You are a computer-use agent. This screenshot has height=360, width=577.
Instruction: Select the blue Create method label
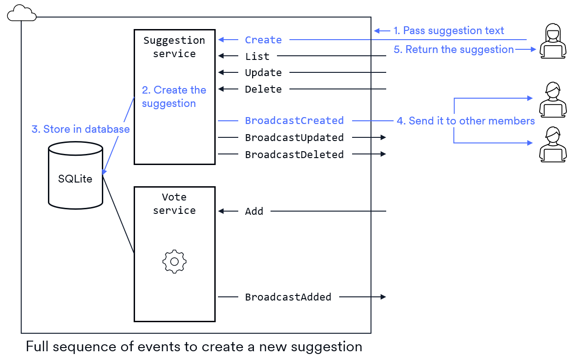pos(263,40)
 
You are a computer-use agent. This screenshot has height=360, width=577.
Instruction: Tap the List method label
pos(257,56)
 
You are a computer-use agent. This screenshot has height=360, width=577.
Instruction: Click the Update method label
pos(263,73)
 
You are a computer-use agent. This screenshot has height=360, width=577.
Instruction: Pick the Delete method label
pos(263,89)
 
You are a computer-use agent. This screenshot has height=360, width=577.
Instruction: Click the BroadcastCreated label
pos(294,121)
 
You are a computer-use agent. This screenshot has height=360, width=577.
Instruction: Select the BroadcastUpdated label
pos(294,137)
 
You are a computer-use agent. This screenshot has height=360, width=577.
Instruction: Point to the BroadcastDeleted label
pos(294,154)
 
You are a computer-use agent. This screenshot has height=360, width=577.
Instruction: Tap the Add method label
pos(254,212)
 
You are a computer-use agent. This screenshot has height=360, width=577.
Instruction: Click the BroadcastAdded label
pos(288,297)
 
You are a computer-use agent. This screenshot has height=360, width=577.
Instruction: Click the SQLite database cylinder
pos(76,177)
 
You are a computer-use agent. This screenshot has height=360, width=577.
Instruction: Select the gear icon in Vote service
pos(174,262)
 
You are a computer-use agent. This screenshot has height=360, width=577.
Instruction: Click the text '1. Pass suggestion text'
pos(448,31)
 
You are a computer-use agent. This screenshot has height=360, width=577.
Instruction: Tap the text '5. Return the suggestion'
pos(453,50)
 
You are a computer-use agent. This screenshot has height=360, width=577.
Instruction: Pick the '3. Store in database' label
pos(81,130)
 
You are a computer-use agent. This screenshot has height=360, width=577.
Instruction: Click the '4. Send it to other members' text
pos(465,121)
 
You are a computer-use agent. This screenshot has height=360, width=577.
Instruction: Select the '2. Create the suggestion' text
pos(174,97)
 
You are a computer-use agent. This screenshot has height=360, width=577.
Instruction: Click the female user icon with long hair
pos(553,41)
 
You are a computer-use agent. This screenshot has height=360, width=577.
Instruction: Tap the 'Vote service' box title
pos(174,204)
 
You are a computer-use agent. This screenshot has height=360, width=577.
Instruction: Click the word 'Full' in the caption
pos(37,347)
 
